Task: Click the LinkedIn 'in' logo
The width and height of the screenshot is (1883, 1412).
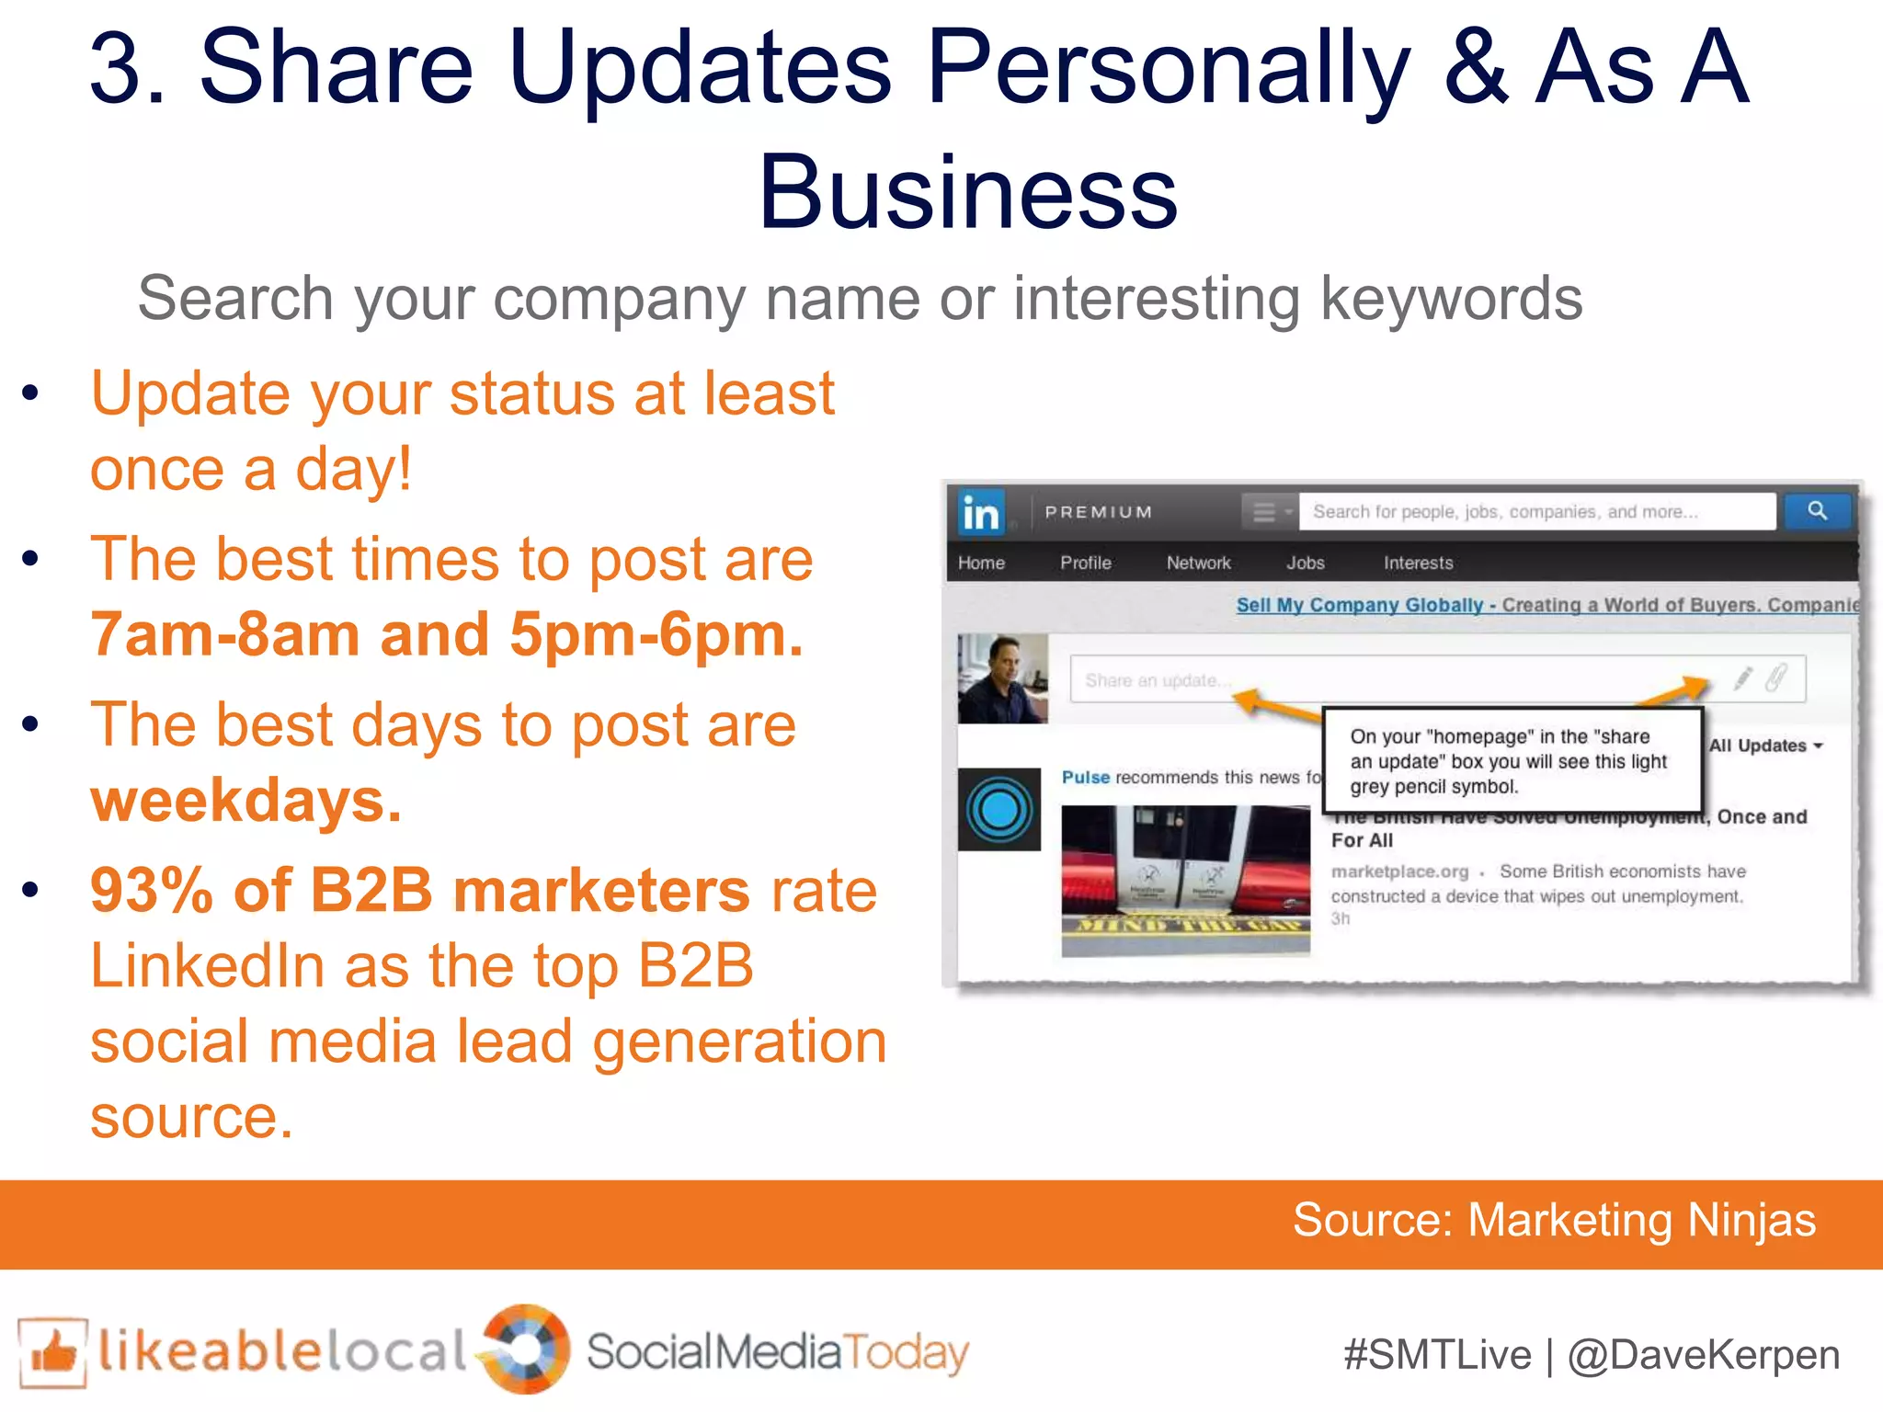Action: pyautogui.click(x=980, y=512)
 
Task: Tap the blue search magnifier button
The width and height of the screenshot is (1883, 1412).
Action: pyautogui.click(x=1817, y=510)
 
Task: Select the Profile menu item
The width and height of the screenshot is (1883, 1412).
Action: pyautogui.click(x=1085, y=563)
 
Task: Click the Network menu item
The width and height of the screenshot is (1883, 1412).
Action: pyautogui.click(x=1198, y=563)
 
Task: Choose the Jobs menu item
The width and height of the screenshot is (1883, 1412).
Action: pyautogui.click(x=1305, y=563)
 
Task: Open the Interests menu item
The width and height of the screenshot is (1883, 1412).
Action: pyautogui.click(x=1418, y=563)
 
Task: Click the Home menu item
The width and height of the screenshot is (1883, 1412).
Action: pyautogui.click(x=981, y=563)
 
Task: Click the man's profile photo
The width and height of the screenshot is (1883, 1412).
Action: pyautogui.click(x=1002, y=678)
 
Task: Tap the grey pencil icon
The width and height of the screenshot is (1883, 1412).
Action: pyautogui.click(x=1742, y=678)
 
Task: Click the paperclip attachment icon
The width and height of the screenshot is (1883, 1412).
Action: pyautogui.click(x=1775, y=678)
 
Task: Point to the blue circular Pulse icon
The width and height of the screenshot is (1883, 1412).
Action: pyautogui.click(x=999, y=810)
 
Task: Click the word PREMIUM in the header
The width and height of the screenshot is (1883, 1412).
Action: pyautogui.click(x=1098, y=512)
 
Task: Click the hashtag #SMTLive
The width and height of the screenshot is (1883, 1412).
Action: pyautogui.click(x=1437, y=1355)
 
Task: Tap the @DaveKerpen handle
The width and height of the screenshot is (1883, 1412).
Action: pyautogui.click(x=1704, y=1355)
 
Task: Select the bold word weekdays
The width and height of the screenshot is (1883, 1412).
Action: pyautogui.click(x=246, y=801)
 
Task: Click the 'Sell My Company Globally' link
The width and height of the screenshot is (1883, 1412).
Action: pyautogui.click(x=1359, y=605)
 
